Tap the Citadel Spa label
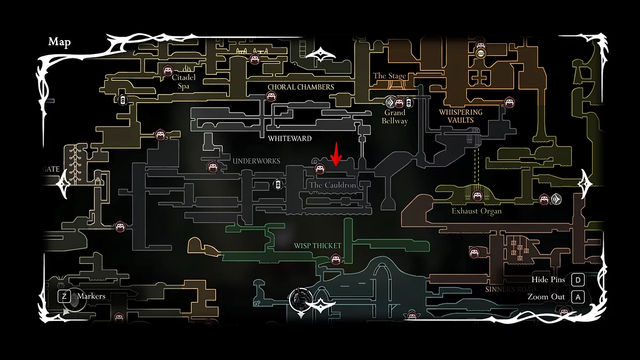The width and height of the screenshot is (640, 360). coord(184,81)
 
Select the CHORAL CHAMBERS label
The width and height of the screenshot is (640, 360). coord(301,87)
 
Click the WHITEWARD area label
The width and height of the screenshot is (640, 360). coord(290,139)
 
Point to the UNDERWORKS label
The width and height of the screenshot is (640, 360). coord(256,161)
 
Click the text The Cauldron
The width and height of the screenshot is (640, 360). coord(333,185)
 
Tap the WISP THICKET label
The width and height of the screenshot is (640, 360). coord(317,246)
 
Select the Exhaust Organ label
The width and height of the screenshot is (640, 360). coord(476,211)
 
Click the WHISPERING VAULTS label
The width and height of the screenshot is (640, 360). coord(460,116)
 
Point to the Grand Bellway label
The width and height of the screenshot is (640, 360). coord(395,117)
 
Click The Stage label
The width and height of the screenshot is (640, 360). coord(390,76)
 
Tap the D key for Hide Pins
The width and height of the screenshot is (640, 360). coord(578,280)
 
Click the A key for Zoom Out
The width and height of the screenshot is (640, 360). coord(578,297)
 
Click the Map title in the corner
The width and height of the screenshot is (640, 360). coord(59,42)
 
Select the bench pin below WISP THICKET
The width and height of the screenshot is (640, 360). coord(335,260)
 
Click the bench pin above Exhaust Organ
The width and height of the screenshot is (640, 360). coord(477,196)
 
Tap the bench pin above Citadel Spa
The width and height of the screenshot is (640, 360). coord(168,70)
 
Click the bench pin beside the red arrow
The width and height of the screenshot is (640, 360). coord(320,170)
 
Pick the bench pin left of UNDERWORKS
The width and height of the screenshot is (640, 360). coord(212,167)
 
